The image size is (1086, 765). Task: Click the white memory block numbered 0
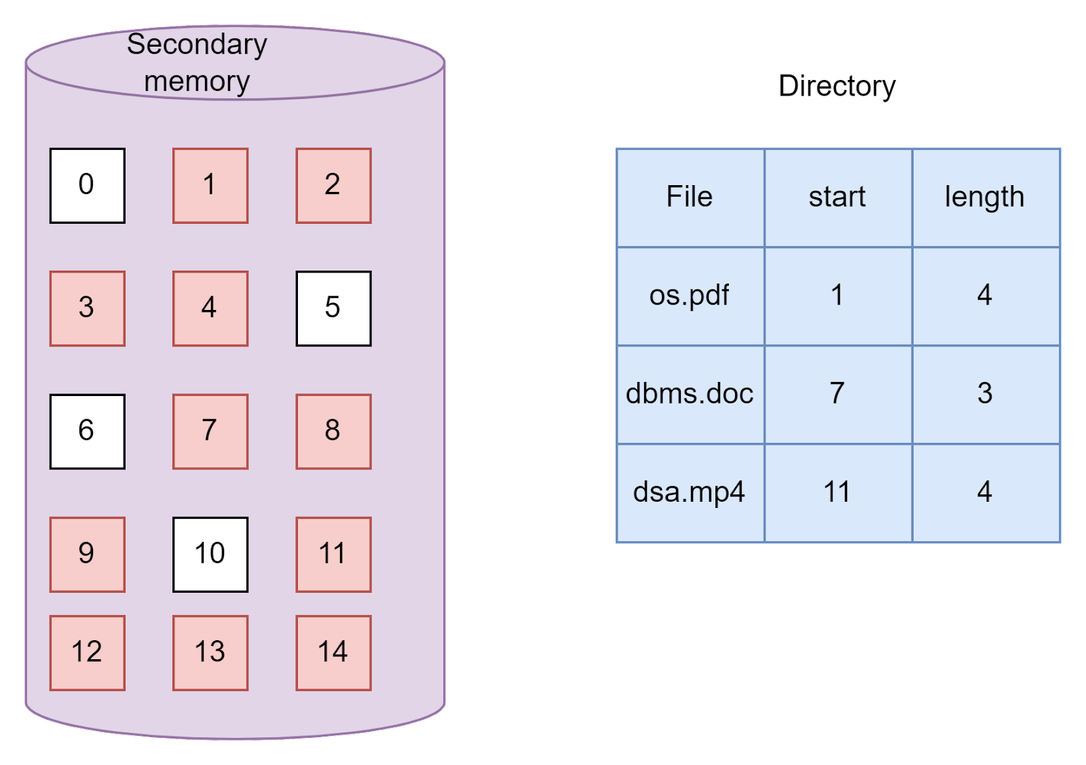[87, 185]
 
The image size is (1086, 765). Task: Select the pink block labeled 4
[210, 309]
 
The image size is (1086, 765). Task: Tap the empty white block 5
[333, 309]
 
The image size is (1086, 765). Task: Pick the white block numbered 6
[87, 431]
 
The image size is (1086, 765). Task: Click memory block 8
[333, 431]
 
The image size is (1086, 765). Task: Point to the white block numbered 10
[210, 554]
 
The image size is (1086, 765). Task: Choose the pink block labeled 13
[210, 652]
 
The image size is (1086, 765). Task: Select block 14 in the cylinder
[333, 652]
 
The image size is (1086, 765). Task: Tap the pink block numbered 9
[87, 554]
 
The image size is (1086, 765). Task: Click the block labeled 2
[333, 185]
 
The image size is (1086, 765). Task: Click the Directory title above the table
[836, 86]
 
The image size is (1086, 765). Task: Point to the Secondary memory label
[197, 62]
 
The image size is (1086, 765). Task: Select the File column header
[690, 197]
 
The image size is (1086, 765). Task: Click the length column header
[985, 197]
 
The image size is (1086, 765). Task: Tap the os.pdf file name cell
[690, 296]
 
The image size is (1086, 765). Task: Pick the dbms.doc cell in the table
[690, 394]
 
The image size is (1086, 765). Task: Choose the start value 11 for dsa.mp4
[837, 492]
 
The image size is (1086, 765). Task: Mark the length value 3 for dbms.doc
[985, 394]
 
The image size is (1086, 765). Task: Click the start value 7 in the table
[837, 394]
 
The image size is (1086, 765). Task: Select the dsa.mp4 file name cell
[690, 492]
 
